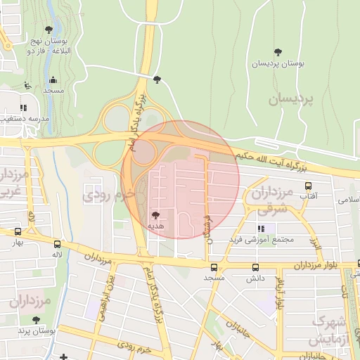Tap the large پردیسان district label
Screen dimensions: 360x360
click(294, 99)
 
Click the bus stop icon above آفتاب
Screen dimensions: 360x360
click(308, 186)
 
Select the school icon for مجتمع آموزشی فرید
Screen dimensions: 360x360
click(261, 229)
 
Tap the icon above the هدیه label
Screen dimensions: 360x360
click(155, 214)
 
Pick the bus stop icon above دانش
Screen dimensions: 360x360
click(255, 267)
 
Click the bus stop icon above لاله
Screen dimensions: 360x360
click(57, 244)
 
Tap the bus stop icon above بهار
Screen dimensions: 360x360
click(18, 231)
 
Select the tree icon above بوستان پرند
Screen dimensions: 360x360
click(36, 320)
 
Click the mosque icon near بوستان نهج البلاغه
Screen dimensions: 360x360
click(53, 79)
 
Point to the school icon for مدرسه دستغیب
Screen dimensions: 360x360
click(24, 108)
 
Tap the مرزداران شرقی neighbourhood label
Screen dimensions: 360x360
click(273, 200)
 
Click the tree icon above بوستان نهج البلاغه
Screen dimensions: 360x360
click(48, 29)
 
